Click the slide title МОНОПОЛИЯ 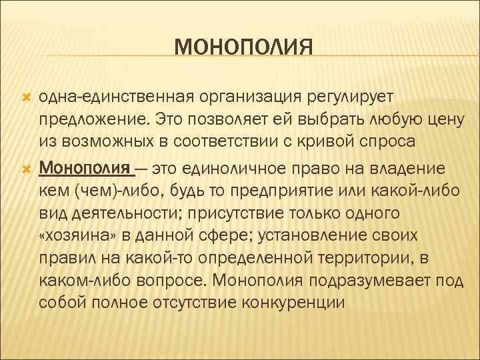[x=243, y=48]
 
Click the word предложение [x=93, y=121]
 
